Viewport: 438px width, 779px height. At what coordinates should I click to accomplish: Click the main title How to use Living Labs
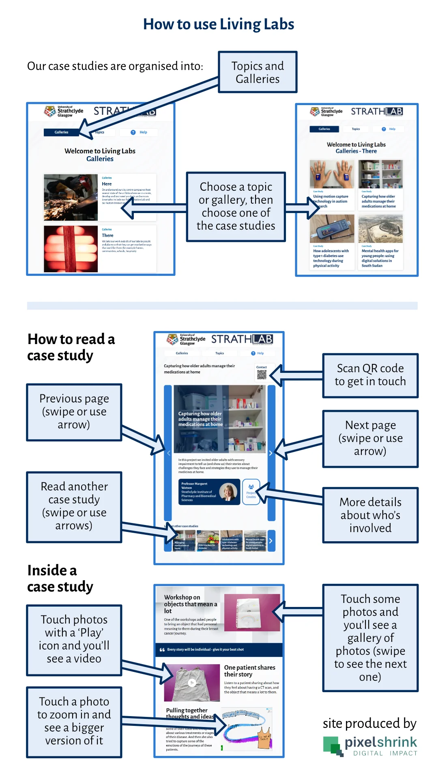coord(219,24)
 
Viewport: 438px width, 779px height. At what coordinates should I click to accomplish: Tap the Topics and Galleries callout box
coord(258,72)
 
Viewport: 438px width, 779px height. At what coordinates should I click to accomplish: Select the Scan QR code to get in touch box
coord(370,375)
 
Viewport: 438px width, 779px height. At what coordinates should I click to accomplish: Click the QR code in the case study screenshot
coord(262,374)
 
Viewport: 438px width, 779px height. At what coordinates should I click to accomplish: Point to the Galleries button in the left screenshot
coord(62,132)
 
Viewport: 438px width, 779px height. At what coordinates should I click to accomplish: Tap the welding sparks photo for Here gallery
coord(71,197)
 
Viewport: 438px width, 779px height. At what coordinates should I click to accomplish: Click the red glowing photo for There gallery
coord(71,249)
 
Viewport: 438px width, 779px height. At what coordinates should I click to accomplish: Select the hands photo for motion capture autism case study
coord(332,174)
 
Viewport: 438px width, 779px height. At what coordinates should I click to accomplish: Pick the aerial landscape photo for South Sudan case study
coord(380,229)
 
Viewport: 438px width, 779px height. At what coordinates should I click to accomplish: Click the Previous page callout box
coord(74,412)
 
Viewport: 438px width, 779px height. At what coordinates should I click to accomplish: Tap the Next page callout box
coord(370,438)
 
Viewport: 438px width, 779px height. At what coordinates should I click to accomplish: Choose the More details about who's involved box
coord(370,515)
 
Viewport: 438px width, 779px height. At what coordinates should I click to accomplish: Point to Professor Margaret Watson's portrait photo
coord(228,492)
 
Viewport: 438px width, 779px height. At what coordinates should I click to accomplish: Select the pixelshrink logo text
coord(380,742)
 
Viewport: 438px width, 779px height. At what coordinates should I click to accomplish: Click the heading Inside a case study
coord(60,579)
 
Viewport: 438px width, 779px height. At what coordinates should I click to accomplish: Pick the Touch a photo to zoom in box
coord(74,721)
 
